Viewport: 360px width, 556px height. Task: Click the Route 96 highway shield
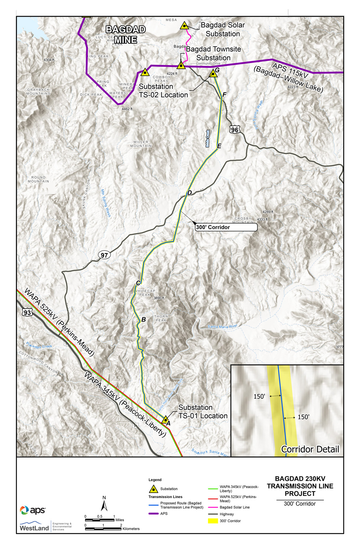click(235, 130)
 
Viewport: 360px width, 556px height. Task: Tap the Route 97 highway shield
click(104, 255)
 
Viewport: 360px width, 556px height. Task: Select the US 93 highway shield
click(28, 313)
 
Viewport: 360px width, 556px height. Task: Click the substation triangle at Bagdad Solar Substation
click(184, 26)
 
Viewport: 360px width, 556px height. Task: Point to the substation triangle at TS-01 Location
click(165, 420)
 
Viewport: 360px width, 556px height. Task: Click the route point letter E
click(219, 146)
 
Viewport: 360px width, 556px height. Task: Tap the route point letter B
click(144, 319)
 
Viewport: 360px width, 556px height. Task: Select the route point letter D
click(190, 193)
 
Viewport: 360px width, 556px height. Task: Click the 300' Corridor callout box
click(226, 227)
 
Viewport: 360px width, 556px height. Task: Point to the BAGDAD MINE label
click(126, 35)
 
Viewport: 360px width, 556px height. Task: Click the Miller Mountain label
click(141, 144)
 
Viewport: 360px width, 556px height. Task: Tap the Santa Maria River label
click(222, 326)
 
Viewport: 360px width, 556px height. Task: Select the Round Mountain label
click(39, 179)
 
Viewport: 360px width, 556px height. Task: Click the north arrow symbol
click(104, 504)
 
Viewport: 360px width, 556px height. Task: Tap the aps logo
click(33, 510)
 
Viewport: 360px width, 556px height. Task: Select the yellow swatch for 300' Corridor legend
click(213, 521)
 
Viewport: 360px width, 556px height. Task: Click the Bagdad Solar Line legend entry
click(234, 507)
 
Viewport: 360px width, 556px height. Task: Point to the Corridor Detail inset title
click(310, 449)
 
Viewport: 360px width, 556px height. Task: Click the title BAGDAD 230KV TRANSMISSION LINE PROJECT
click(300, 486)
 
